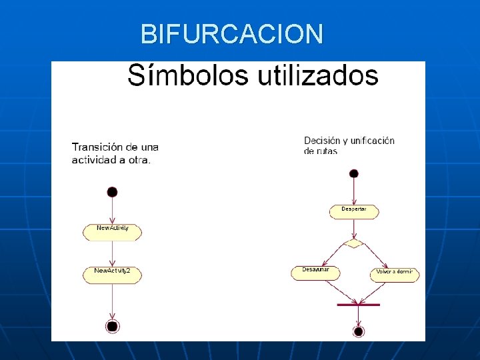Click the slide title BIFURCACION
coord(232,33)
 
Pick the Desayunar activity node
coord(315,273)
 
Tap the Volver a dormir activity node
coord(395,274)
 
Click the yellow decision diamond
coord(354,243)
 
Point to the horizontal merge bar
coord(358,305)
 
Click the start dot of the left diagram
coord(112,192)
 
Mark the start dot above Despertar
coord(354,174)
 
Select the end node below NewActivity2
coord(112,326)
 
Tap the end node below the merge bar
coord(358,331)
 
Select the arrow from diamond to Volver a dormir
coord(375,256)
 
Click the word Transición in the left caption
coord(97,147)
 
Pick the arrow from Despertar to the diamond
coord(354,229)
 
